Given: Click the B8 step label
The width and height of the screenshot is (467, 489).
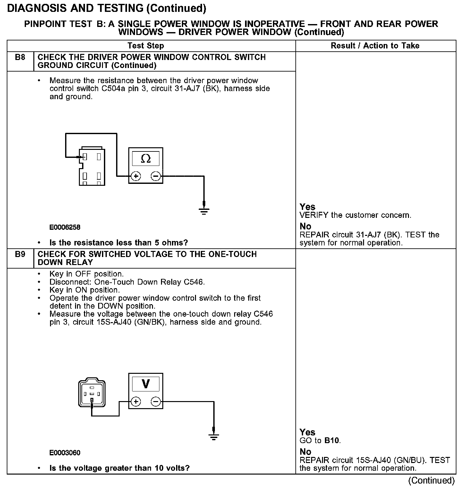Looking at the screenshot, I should tap(20, 57).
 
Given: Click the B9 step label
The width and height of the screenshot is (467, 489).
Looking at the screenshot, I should tap(20, 254).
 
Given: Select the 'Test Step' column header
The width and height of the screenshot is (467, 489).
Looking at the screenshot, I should tap(146, 46).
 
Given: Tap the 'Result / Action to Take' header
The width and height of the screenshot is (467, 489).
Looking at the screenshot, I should tap(375, 46).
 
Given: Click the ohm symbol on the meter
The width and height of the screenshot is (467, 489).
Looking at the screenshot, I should tap(146, 158).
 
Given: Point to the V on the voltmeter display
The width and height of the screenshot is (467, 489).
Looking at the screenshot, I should tap(146, 384).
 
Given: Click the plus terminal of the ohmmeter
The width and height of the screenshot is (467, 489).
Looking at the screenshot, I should tap(136, 176).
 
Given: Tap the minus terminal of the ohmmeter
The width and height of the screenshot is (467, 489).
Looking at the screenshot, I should tap(156, 176).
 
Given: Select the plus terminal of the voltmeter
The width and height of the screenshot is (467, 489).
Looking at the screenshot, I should tap(136, 401).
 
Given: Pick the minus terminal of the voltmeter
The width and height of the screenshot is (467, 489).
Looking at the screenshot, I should tap(156, 401).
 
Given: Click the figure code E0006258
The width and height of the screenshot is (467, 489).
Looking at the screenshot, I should tap(65, 227).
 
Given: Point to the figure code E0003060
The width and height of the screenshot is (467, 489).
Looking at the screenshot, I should tap(65, 453).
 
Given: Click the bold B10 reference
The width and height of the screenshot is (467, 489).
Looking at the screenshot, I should tap(332, 440).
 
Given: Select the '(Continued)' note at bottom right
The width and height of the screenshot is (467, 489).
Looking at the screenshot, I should tap(431, 480).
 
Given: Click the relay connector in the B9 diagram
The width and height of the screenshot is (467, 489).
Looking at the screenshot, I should tap(92, 393).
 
